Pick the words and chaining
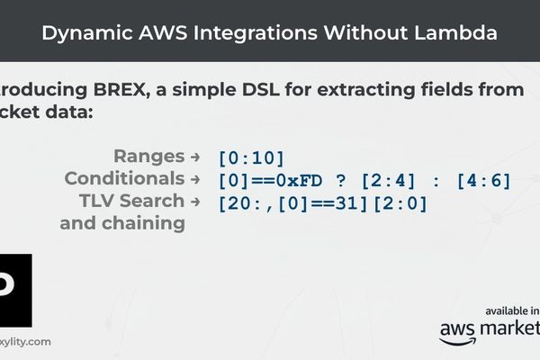click(x=122, y=223)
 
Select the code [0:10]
click(x=251, y=158)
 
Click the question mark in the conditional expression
click(x=339, y=181)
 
